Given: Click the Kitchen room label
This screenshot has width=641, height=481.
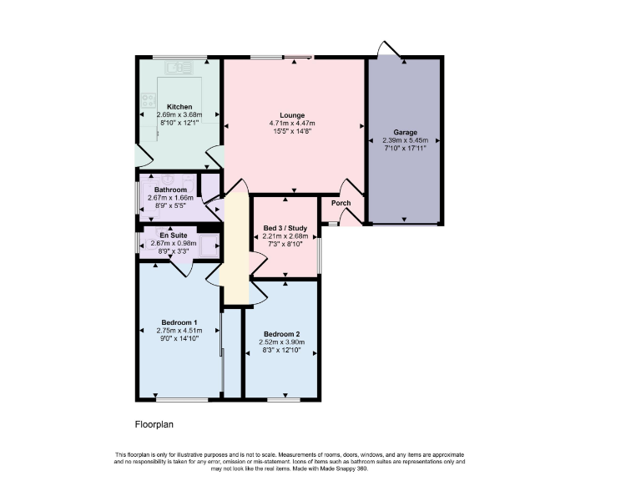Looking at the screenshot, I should (x=179, y=107).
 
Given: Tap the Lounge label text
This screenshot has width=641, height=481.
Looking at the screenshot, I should (x=292, y=115).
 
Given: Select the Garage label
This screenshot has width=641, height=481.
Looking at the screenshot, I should (x=405, y=132).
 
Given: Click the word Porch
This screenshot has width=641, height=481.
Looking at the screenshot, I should (x=341, y=203).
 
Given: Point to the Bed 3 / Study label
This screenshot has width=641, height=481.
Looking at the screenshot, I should (x=286, y=227).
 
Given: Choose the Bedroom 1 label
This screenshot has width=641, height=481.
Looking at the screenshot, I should (x=179, y=322).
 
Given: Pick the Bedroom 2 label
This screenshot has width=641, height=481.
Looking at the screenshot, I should (x=281, y=333).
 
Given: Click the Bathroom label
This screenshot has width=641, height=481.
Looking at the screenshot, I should (x=170, y=190).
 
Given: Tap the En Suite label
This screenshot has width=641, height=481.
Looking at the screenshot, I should (x=173, y=235).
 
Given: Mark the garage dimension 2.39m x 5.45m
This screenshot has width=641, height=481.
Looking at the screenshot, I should (x=405, y=140).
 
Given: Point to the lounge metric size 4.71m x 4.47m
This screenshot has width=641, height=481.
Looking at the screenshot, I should (x=292, y=124).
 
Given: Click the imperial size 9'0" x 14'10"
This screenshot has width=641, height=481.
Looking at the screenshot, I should (x=179, y=339).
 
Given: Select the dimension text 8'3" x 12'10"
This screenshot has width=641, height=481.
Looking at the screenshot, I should (x=281, y=350).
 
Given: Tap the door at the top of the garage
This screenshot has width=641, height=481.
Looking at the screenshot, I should (x=386, y=50).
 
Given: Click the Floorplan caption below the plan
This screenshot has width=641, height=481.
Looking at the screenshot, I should (x=154, y=424).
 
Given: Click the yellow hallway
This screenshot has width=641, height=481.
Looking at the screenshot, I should (x=236, y=251).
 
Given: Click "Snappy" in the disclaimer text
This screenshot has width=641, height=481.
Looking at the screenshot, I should (x=346, y=468).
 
